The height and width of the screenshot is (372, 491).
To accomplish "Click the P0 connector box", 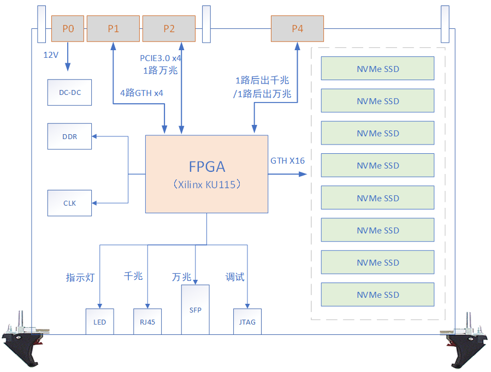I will [x=68, y=29].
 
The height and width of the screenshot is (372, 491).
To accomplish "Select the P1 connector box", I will [x=113, y=29].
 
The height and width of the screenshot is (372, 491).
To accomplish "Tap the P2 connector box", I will [x=169, y=29].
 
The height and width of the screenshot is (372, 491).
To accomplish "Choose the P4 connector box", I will [x=297, y=29].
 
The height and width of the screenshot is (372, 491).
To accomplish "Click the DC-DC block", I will [x=70, y=92].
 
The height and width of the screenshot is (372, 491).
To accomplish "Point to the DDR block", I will [x=70, y=136].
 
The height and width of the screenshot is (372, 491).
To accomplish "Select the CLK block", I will [x=70, y=203].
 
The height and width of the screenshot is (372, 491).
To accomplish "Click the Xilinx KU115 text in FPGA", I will [x=206, y=184].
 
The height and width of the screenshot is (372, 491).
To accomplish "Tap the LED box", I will [x=99, y=322].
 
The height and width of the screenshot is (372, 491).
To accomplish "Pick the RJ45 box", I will [x=147, y=322].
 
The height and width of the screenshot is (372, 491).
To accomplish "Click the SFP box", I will [x=195, y=310].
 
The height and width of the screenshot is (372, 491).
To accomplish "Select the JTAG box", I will [x=247, y=322].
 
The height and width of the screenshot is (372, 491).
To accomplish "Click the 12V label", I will [x=51, y=55].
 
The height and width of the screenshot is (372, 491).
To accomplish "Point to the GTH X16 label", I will [x=287, y=161].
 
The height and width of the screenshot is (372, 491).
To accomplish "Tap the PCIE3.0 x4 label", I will [x=161, y=58].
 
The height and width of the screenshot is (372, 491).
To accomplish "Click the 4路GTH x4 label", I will [x=141, y=93].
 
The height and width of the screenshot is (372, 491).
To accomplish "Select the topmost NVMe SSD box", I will [x=378, y=69].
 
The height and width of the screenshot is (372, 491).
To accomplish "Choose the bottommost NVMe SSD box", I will [x=378, y=295].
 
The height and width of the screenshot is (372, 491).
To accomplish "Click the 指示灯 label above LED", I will [x=80, y=278].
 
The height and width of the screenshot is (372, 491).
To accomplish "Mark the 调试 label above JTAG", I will [x=235, y=277].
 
